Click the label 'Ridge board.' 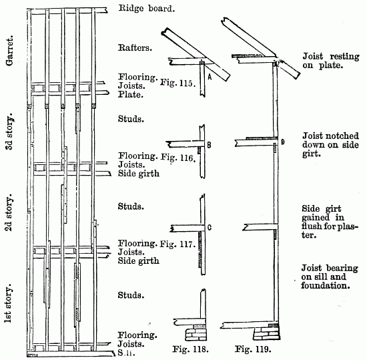147,9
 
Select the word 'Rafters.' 136,47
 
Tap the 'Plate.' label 130,95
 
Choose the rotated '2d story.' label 9,212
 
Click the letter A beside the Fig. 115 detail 209,77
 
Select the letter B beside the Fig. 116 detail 209,144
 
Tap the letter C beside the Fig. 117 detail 209,228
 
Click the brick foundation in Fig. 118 196,331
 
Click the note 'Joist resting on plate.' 323,61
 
